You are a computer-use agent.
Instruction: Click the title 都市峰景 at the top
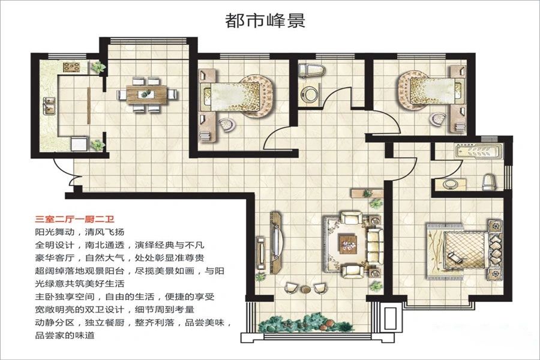click(x=265, y=21)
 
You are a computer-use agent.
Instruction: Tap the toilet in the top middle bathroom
click(x=310, y=71)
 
